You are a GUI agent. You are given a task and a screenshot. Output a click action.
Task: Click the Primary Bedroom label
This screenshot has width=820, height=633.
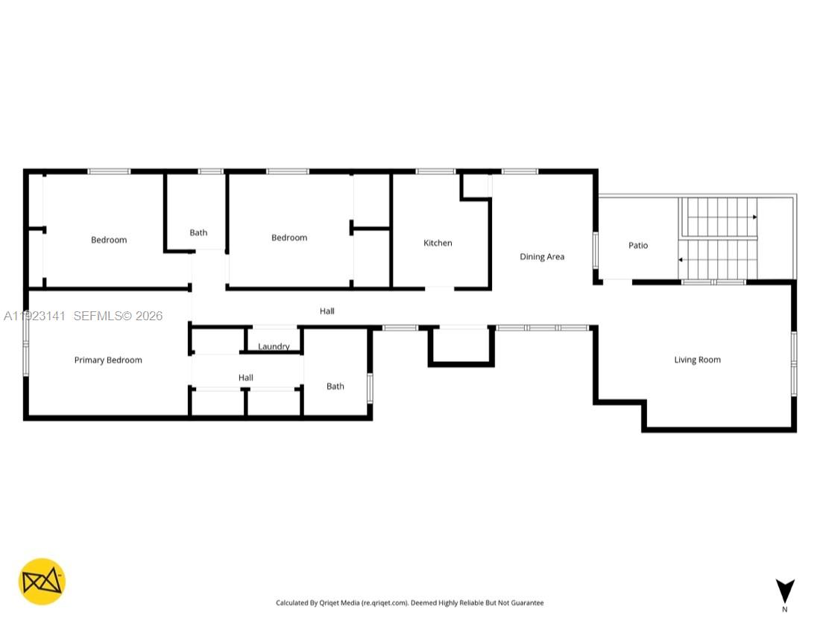[108, 360]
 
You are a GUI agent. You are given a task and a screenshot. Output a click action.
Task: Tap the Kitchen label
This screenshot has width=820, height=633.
[438, 244]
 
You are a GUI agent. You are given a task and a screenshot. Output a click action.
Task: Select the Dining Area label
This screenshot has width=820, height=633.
[542, 257]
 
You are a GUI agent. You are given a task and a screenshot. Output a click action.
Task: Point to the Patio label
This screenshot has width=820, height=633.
[638, 246]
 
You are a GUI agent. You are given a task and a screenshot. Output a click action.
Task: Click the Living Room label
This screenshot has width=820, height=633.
[697, 360]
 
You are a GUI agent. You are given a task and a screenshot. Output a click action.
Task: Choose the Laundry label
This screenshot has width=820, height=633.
[274, 347]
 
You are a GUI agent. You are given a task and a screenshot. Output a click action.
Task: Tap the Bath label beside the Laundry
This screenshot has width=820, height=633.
[335, 387]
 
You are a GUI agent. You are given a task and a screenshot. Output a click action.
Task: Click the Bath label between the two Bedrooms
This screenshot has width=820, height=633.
[198, 233]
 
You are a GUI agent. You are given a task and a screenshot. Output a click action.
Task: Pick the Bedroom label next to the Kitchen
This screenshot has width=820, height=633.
[289, 238]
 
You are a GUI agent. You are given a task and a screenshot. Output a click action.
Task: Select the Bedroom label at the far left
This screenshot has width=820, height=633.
[109, 240]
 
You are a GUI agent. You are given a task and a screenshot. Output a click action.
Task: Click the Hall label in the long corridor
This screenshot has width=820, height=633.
[327, 311]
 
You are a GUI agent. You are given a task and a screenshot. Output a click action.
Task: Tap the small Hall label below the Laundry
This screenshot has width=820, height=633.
[246, 378]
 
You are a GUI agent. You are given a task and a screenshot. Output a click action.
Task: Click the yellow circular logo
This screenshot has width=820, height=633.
[42, 582]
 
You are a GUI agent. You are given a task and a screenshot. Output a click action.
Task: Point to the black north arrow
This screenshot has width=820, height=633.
[784, 591]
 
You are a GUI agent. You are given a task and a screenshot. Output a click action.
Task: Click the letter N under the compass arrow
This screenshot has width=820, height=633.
[784, 610]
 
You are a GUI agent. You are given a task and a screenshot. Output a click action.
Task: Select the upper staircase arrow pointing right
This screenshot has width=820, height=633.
[754, 217]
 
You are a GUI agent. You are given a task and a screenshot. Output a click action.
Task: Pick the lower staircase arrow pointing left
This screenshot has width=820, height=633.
[681, 260]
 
